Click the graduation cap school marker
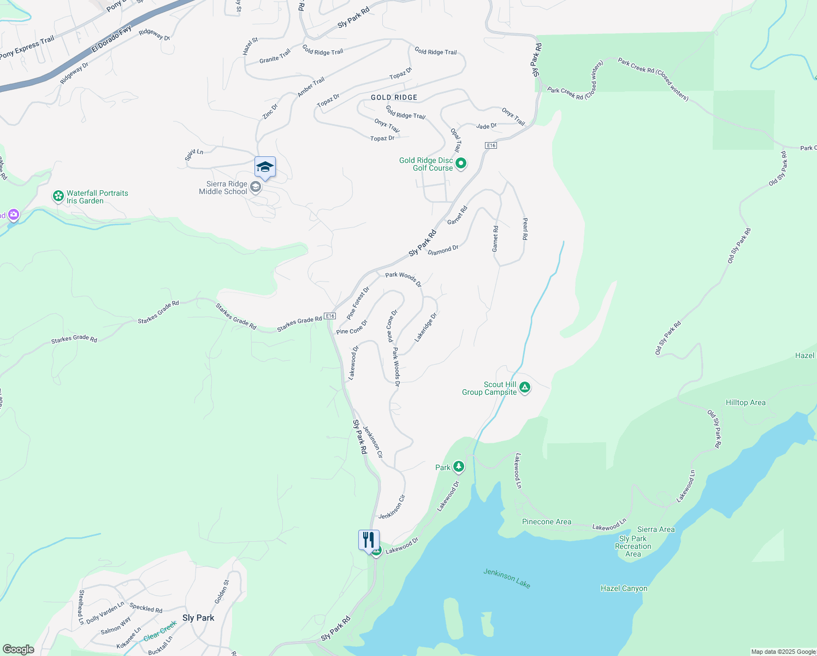(265, 167)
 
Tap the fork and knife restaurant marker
(369, 540)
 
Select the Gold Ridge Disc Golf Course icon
(461, 163)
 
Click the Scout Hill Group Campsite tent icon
(524, 388)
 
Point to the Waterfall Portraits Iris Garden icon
(58, 196)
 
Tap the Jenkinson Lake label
(507, 578)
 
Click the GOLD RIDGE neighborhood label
(394, 97)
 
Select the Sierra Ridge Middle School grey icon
(255, 188)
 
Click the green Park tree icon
(459, 466)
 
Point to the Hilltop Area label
(745, 402)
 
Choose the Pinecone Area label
(546, 522)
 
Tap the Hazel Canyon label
(624, 588)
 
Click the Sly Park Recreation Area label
(633, 546)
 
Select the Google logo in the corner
(19, 649)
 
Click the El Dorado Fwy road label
(111, 39)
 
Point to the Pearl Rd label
(525, 229)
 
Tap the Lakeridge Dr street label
(426, 327)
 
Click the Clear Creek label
(160, 631)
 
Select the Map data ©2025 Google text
(783, 652)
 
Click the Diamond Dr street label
(443, 250)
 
